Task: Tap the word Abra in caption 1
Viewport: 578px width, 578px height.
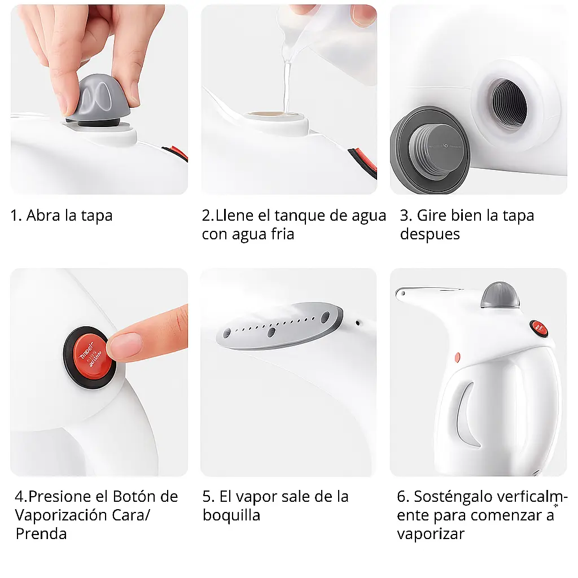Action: (43, 215)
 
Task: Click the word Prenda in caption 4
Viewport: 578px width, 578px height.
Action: (41, 534)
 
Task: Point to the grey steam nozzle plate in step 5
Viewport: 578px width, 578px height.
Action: (279, 325)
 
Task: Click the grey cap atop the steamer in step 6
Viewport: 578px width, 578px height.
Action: (500, 295)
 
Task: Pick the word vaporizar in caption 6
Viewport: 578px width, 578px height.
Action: (431, 534)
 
